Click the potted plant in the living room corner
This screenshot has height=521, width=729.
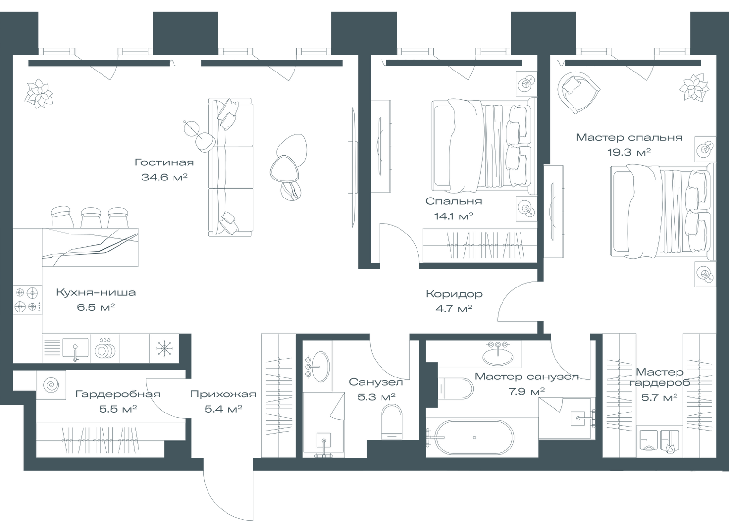click(x=38, y=93)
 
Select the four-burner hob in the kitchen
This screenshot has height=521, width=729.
click(x=27, y=300)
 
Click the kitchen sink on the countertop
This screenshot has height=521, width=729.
click(x=75, y=348)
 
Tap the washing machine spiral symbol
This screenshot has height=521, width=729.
click(x=51, y=385)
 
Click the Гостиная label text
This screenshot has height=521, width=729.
click(x=164, y=162)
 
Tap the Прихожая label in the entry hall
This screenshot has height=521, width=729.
click(x=223, y=394)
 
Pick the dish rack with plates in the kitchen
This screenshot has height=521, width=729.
click(x=104, y=348)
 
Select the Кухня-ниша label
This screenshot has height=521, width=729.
click(x=95, y=293)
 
